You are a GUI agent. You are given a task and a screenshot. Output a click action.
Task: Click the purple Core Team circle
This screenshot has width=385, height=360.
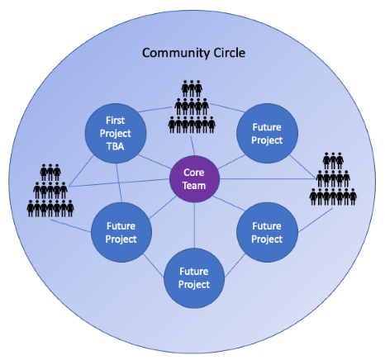194,178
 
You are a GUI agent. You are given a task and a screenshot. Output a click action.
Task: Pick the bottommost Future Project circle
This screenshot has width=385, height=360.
194,277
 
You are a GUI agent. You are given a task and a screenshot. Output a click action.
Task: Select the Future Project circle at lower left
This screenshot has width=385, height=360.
121,231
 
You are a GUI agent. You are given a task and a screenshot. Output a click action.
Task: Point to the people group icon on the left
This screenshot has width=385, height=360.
52,192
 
